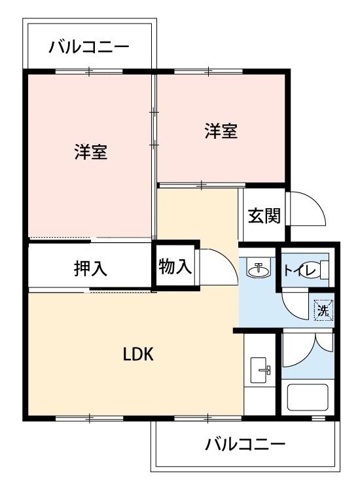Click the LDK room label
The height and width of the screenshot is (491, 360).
pos(138,354)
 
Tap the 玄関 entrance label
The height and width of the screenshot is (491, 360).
pos(264,215)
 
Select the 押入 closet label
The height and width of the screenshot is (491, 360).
pos(90,268)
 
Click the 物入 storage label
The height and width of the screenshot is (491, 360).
pos(175,267)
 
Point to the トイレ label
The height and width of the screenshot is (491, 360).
pos(300,270)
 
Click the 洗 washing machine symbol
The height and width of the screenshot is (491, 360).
pos(323,310)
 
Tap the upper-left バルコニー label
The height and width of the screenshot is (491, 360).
pos(89,47)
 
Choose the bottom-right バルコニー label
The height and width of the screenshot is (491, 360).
pos(245,444)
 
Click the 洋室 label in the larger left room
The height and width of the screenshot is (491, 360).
pos(91,152)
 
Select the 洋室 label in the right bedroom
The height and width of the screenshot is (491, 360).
pos(221,131)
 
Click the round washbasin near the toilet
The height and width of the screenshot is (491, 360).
pos(259,268)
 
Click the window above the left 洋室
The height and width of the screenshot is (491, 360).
pos(89,72)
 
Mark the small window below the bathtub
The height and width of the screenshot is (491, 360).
pos(318,418)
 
